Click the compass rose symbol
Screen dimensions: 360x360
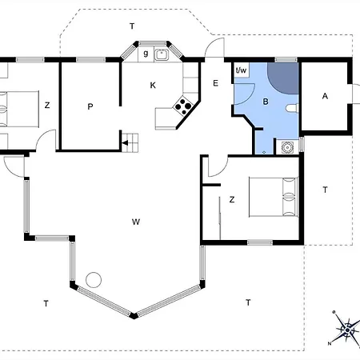[x=347, y=330]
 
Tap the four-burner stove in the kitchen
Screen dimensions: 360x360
[x=183, y=106]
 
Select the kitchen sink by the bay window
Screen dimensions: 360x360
[x=161, y=54]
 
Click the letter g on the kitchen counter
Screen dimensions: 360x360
[x=146, y=54]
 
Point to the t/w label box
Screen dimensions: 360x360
[x=242, y=70]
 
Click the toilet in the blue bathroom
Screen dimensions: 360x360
[x=291, y=108]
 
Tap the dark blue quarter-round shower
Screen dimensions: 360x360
[x=282, y=78]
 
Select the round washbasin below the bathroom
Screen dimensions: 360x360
[x=287, y=147]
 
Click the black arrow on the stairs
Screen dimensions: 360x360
[x=125, y=143]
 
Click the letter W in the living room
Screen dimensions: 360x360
[x=136, y=222]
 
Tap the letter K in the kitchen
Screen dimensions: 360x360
[x=153, y=86]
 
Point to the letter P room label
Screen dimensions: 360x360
[x=90, y=106]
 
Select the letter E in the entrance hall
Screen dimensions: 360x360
[x=215, y=83]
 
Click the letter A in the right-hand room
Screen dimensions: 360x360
[x=325, y=96]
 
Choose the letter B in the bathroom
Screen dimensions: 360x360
[x=266, y=102]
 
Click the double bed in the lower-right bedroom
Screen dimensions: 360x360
[x=274, y=197]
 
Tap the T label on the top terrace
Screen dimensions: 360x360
[x=132, y=26]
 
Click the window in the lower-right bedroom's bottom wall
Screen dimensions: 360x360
[x=260, y=242]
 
